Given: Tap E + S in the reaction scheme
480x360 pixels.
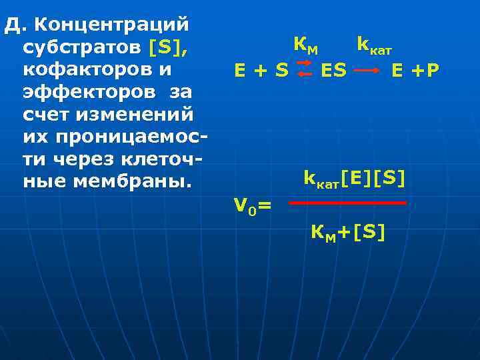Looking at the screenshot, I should point(261,70).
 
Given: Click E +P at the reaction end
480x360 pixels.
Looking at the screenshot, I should point(415,70).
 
